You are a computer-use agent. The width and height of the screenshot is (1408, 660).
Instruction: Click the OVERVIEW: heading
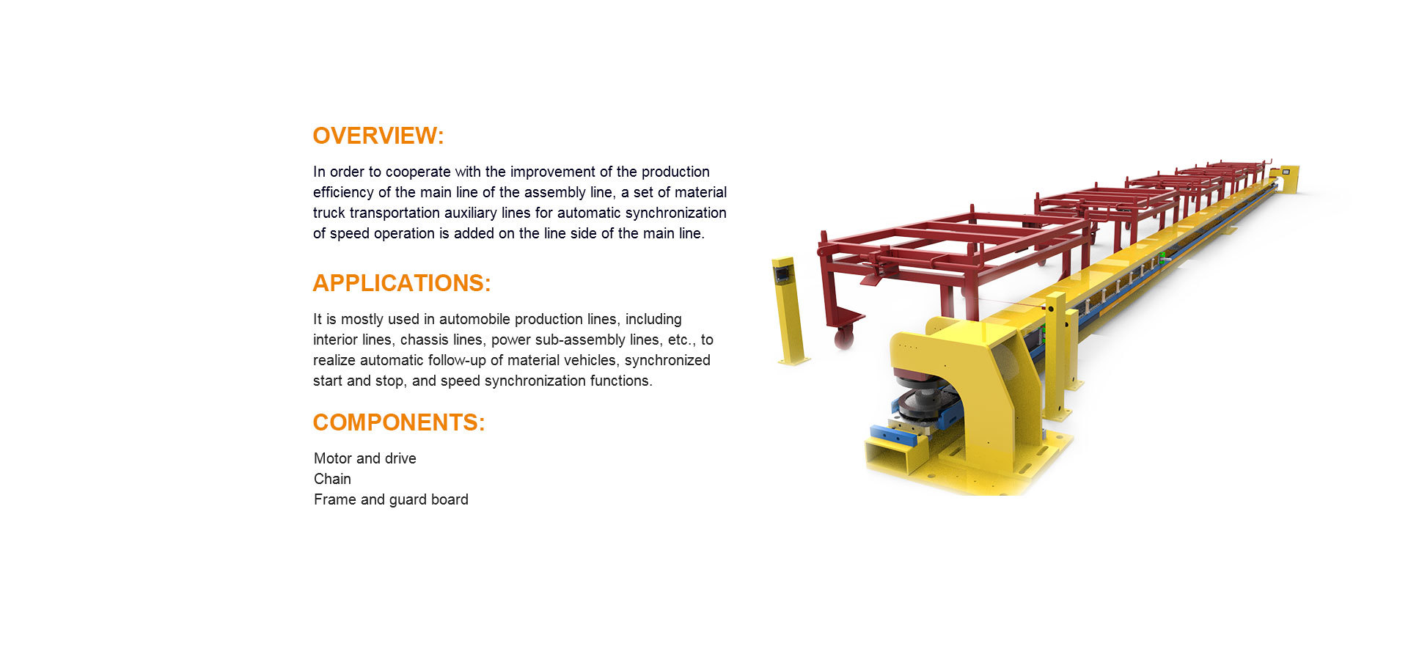pos(378,136)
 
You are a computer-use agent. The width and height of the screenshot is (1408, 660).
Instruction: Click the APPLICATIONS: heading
pos(402,283)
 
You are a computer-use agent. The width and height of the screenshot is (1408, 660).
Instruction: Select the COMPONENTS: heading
pos(399,422)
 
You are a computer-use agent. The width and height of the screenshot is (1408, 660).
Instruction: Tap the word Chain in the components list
pos(332,479)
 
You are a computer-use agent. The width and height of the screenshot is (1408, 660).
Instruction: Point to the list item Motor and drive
pos(365,458)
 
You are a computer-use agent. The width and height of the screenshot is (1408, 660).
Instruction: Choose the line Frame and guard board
pos(391,499)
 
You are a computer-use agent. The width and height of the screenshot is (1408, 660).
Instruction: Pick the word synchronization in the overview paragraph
pos(675,213)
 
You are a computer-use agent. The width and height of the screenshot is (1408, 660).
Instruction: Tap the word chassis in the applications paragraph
pos(420,340)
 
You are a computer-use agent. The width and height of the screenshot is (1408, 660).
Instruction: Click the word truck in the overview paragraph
pos(329,213)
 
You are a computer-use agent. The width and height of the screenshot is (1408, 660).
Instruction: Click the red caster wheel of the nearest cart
pos(843,337)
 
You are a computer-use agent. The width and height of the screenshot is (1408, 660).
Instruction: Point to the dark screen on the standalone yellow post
pos(782,275)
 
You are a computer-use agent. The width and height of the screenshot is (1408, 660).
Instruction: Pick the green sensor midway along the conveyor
pos(1162,256)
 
